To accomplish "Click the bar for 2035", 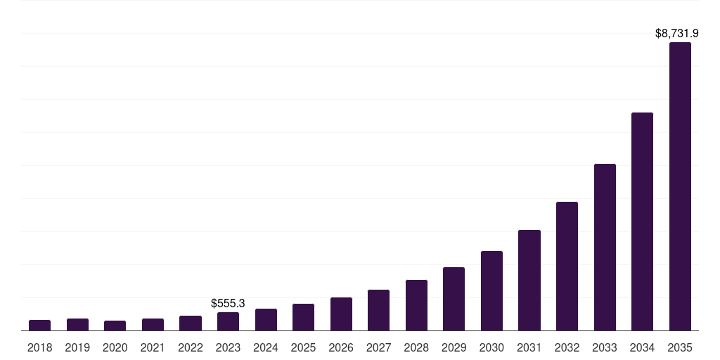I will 680,186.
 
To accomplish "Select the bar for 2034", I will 642,221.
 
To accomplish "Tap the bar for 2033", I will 605,247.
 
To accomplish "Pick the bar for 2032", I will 567,266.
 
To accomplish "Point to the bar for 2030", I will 491,290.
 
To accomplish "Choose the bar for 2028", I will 416,305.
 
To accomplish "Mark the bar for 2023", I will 228,321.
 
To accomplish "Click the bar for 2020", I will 115,326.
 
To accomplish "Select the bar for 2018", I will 39,325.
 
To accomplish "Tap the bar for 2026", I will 341,314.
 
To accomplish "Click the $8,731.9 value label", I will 676,33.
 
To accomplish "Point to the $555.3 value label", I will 228,303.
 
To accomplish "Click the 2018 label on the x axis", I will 39,347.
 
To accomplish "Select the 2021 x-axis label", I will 153,347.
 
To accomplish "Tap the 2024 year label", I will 266,347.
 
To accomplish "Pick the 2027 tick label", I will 378,347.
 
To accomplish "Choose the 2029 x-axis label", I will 454,347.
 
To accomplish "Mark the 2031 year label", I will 529,347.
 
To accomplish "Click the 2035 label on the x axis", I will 680,347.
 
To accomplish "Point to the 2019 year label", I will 77,347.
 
